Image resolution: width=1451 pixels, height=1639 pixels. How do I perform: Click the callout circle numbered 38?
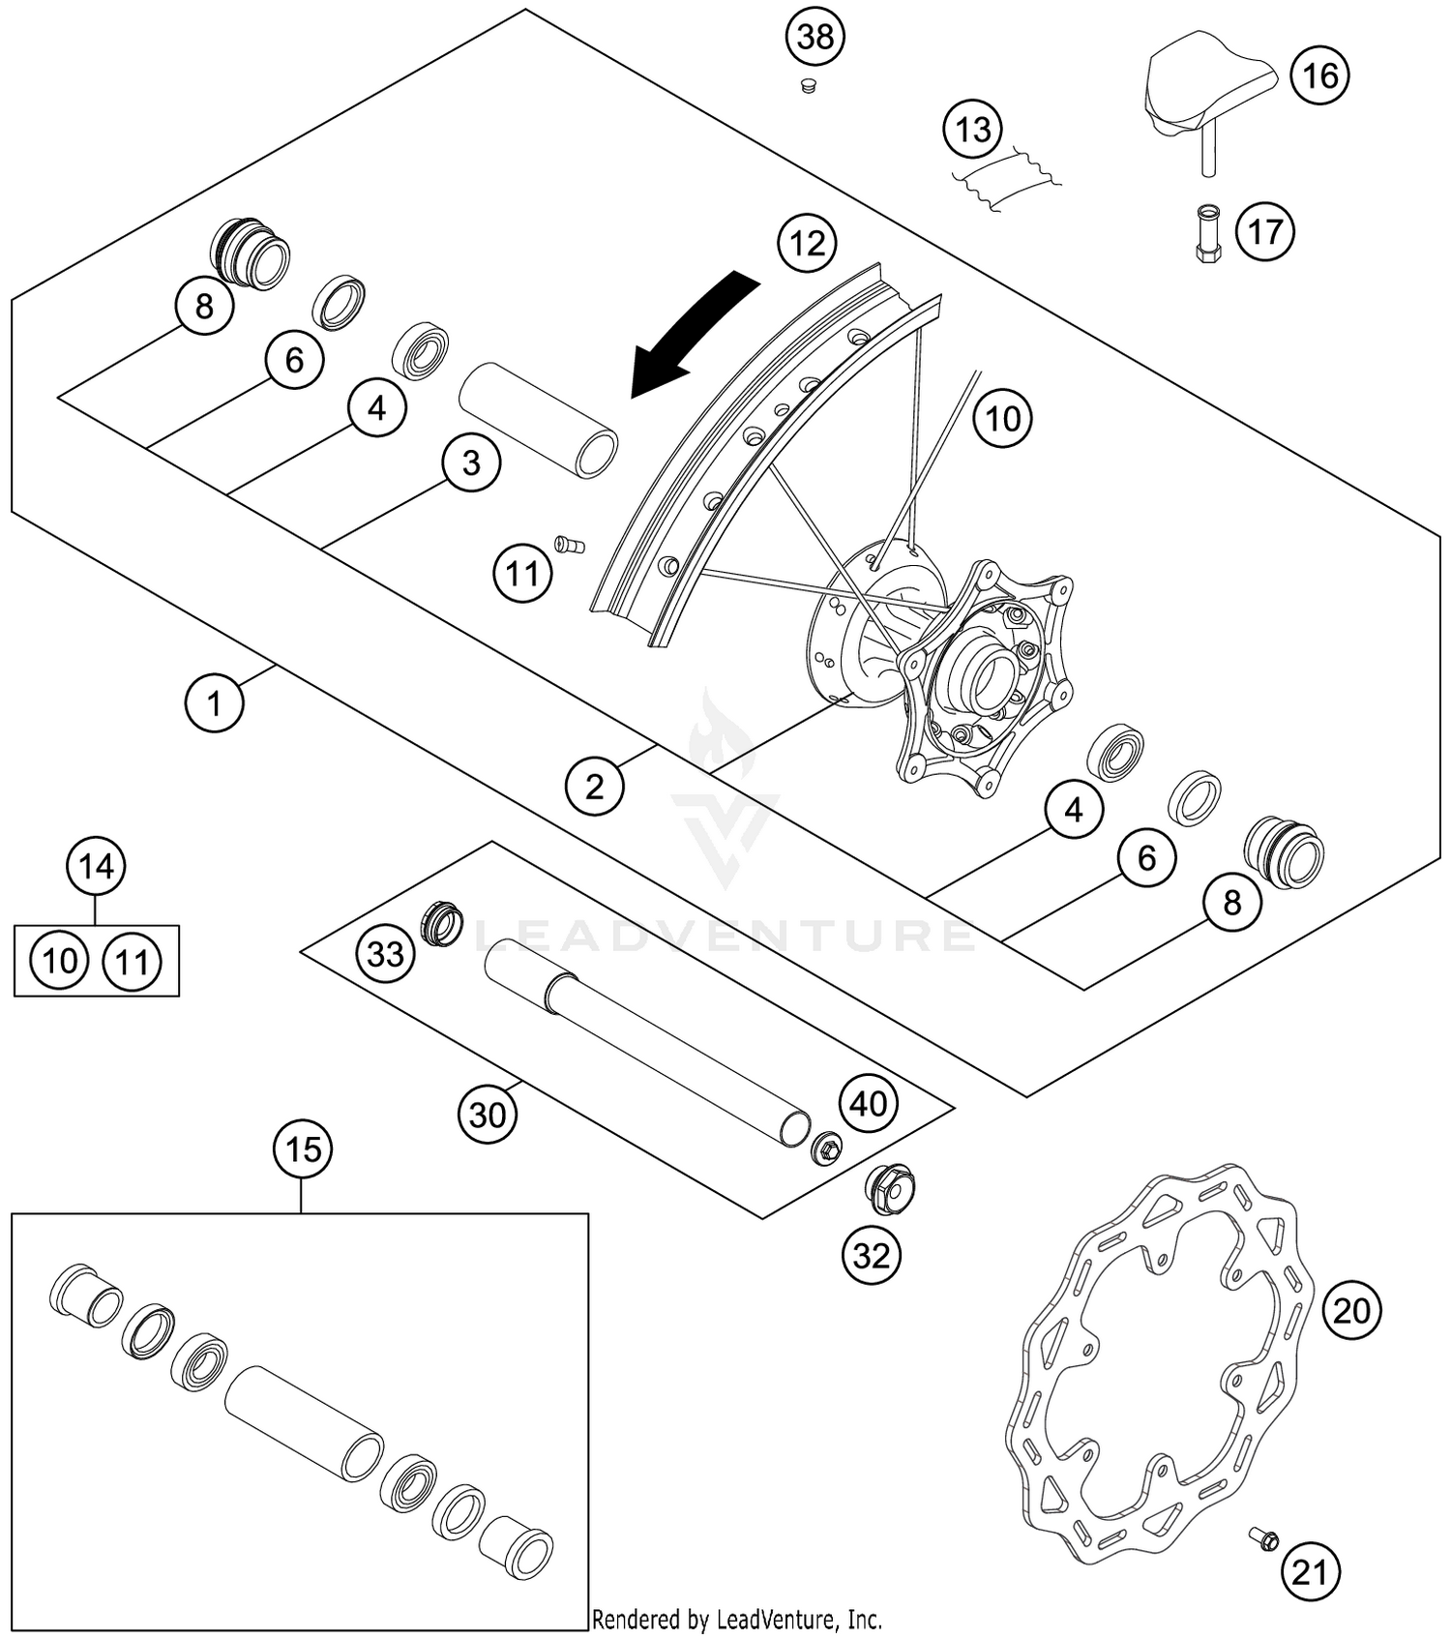point(814,38)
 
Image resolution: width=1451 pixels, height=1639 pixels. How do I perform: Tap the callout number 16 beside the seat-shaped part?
point(1320,75)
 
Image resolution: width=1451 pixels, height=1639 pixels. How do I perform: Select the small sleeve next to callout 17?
point(1207,232)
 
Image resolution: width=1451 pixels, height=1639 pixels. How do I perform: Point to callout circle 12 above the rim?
point(807,242)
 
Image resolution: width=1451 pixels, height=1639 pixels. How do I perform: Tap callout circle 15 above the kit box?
point(303,1149)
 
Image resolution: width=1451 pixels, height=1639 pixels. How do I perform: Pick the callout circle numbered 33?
point(385,954)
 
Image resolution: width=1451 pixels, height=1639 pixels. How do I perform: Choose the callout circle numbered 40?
point(868,1103)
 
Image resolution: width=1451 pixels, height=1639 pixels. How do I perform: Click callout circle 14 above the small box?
point(96,867)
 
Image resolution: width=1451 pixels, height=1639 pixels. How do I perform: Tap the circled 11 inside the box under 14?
point(133,962)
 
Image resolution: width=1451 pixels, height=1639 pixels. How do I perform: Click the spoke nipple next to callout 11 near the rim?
point(570,545)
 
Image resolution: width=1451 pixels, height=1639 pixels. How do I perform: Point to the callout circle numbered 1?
point(214,703)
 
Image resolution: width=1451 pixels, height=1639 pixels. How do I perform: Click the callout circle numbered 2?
point(594,786)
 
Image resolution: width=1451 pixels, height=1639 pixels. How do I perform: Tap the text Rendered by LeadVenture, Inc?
point(736,1619)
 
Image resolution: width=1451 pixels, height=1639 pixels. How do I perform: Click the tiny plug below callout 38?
point(809,87)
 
